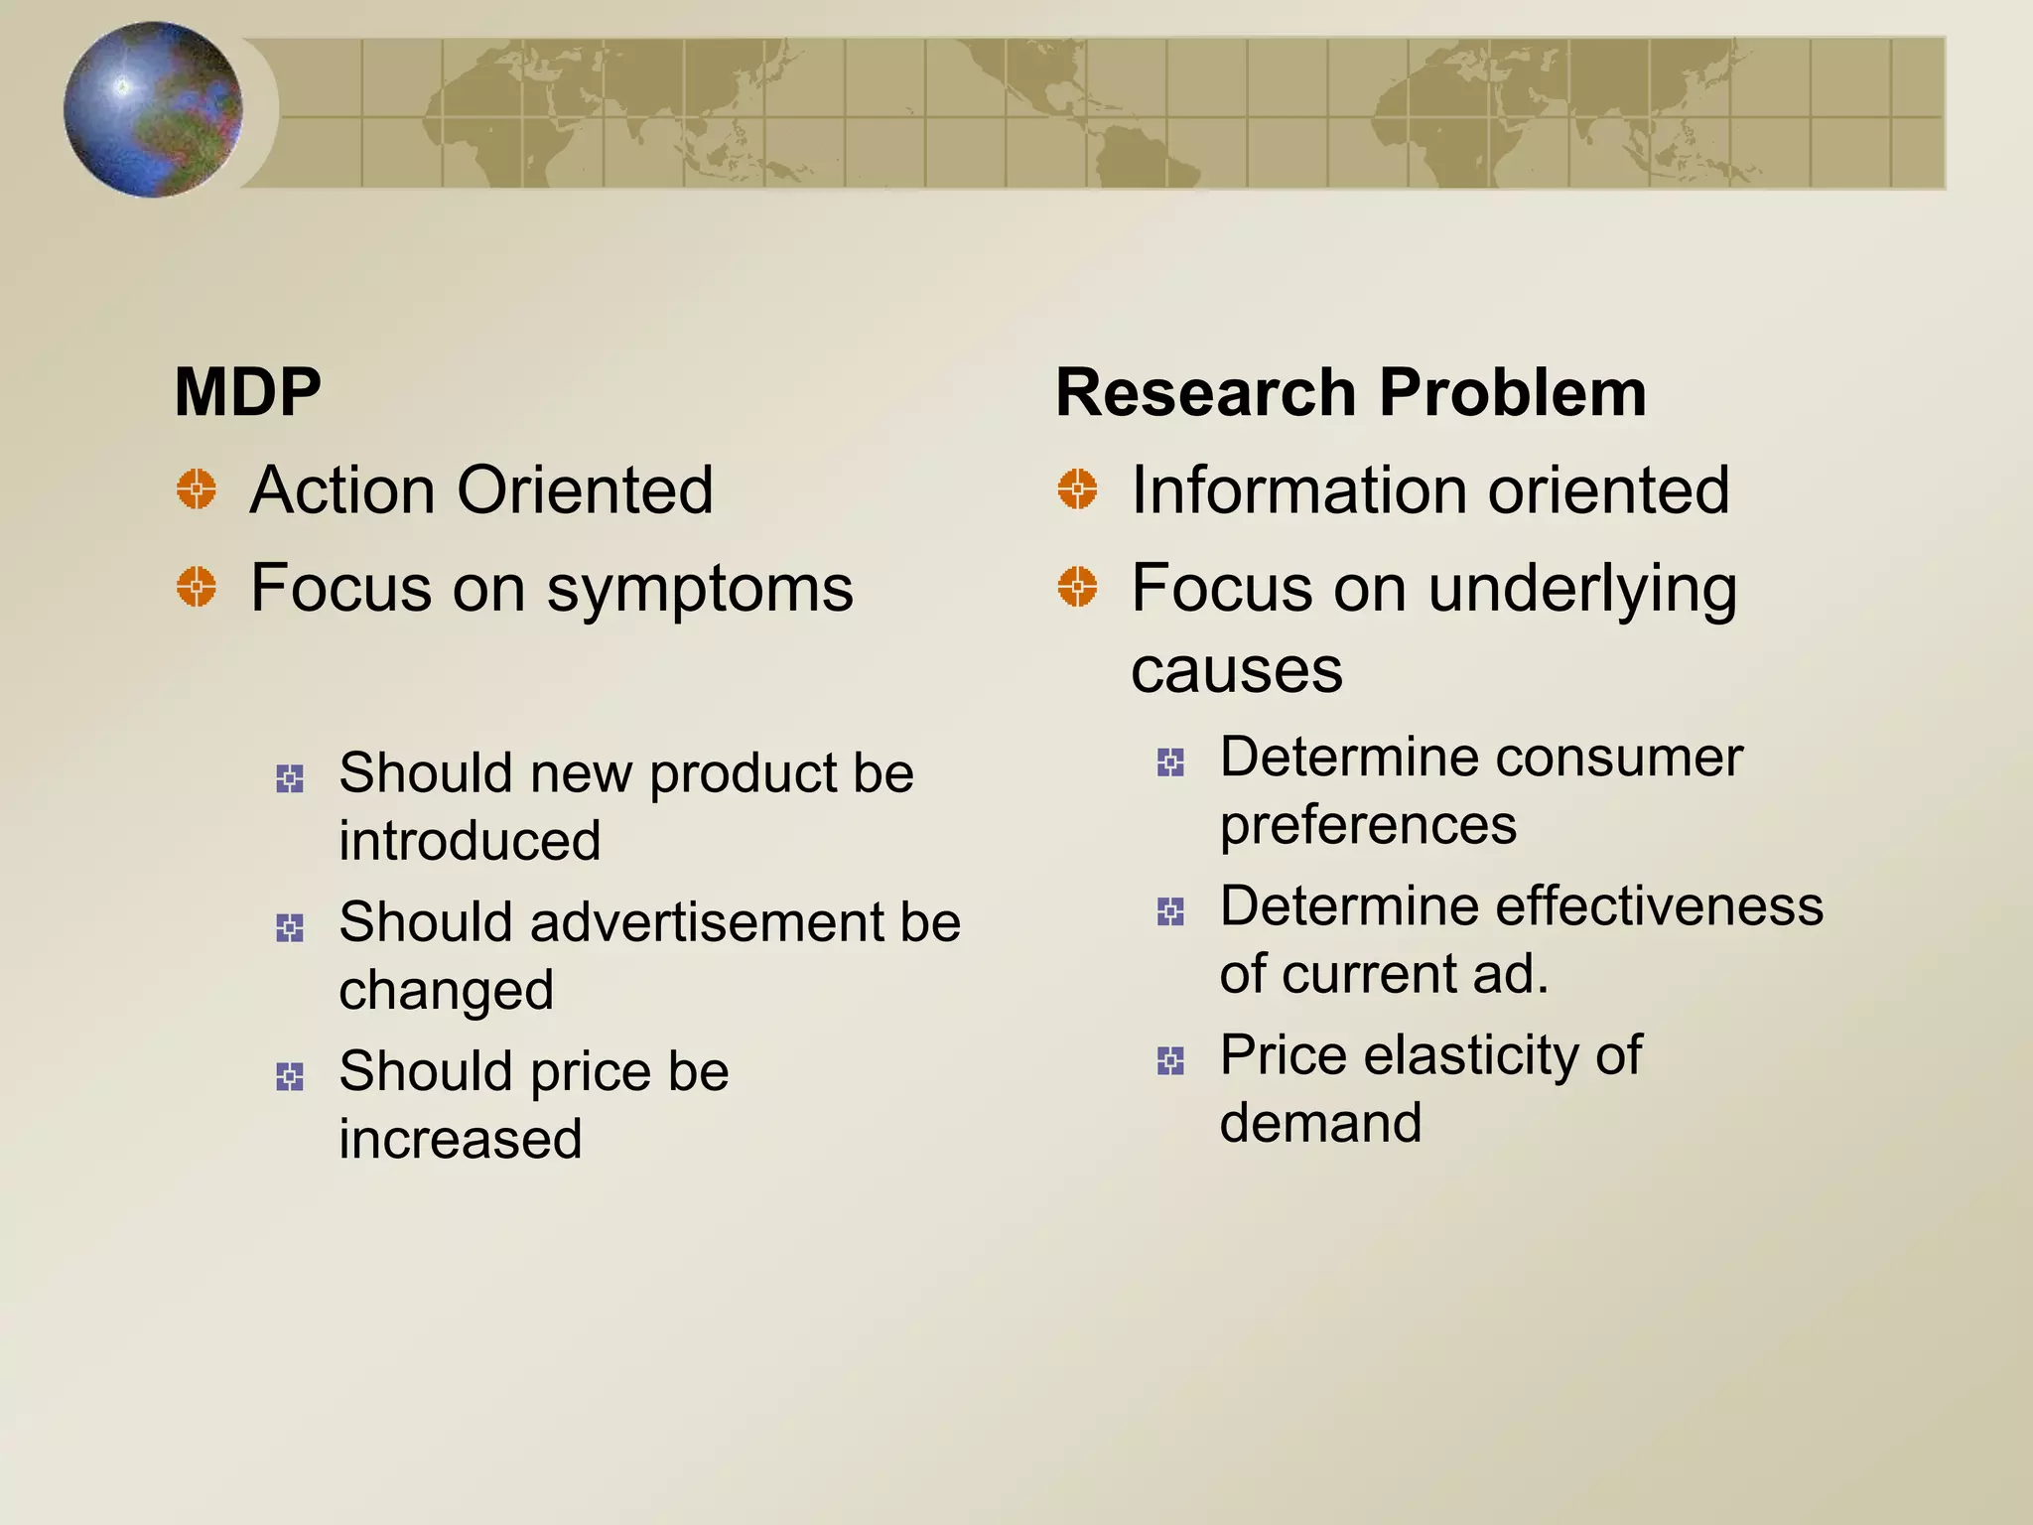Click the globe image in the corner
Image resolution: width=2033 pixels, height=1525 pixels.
coord(153,109)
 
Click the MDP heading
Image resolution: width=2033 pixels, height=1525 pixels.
coord(248,392)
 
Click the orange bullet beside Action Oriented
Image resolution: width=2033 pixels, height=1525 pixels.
coord(197,489)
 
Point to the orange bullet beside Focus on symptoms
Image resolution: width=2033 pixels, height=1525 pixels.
coord(197,587)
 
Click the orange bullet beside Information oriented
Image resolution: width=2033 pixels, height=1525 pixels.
coord(1077,489)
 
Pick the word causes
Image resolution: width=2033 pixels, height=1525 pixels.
coord(1237,671)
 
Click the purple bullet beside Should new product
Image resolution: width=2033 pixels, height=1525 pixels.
coord(290,778)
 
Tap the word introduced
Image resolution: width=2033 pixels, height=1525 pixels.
coord(470,841)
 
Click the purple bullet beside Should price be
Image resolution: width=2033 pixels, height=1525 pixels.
coord(290,1076)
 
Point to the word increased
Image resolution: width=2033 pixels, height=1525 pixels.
coord(461,1139)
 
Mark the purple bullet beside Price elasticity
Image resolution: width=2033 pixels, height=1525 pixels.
coord(1171,1061)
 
